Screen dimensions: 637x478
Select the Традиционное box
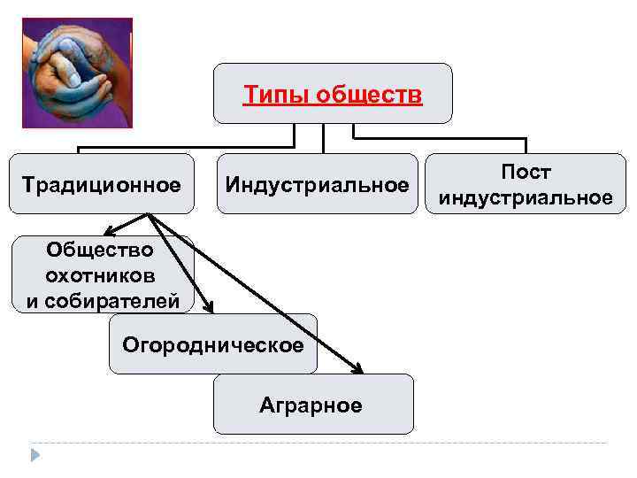point(101,184)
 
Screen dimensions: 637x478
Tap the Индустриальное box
point(317,184)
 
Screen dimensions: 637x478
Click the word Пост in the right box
point(526,172)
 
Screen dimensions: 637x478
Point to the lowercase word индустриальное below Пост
point(526,197)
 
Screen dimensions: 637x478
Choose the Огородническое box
point(212,343)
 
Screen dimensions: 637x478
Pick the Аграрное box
point(311,405)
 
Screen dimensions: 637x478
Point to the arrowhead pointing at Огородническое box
point(209,306)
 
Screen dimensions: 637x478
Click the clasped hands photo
point(76,73)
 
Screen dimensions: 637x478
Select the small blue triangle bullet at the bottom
point(35,454)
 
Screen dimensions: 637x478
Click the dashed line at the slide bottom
point(318,443)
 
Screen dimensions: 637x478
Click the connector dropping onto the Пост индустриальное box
point(526,146)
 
